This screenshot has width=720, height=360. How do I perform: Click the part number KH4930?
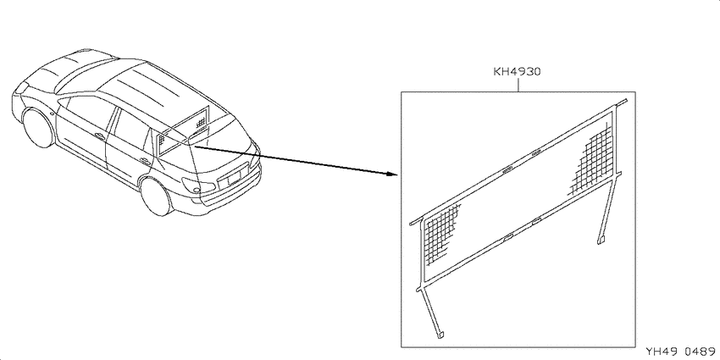click(x=517, y=72)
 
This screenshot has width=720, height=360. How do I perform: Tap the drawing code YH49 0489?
click(x=682, y=352)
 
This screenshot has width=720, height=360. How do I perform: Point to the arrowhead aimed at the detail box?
click(x=390, y=174)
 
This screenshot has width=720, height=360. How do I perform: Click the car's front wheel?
click(x=38, y=128)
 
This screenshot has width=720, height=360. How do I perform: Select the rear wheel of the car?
click(x=155, y=197)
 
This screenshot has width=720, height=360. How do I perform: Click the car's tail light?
click(x=198, y=185)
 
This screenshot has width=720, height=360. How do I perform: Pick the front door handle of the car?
click(x=99, y=136)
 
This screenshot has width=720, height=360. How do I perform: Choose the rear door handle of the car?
click(x=145, y=161)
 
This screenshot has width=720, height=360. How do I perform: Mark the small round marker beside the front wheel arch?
click(x=52, y=113)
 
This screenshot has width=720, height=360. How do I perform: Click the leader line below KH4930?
click(x=518, y=85)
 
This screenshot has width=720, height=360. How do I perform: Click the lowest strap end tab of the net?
click(x=440, y=335)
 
